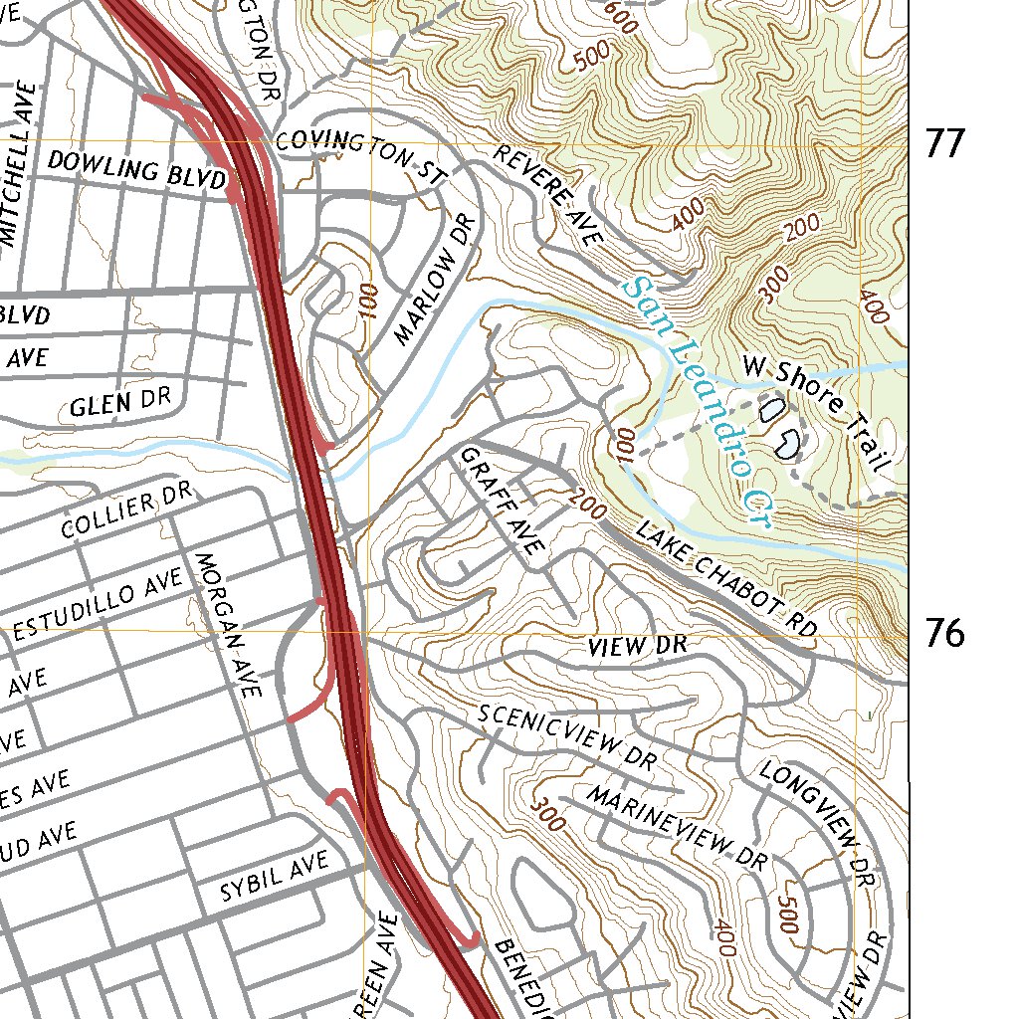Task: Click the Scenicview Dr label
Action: [x=566, y=738]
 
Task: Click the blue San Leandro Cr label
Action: [x=696, y=404]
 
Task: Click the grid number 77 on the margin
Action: [x=944, y=145]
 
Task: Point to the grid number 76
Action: [x=944, y=633]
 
